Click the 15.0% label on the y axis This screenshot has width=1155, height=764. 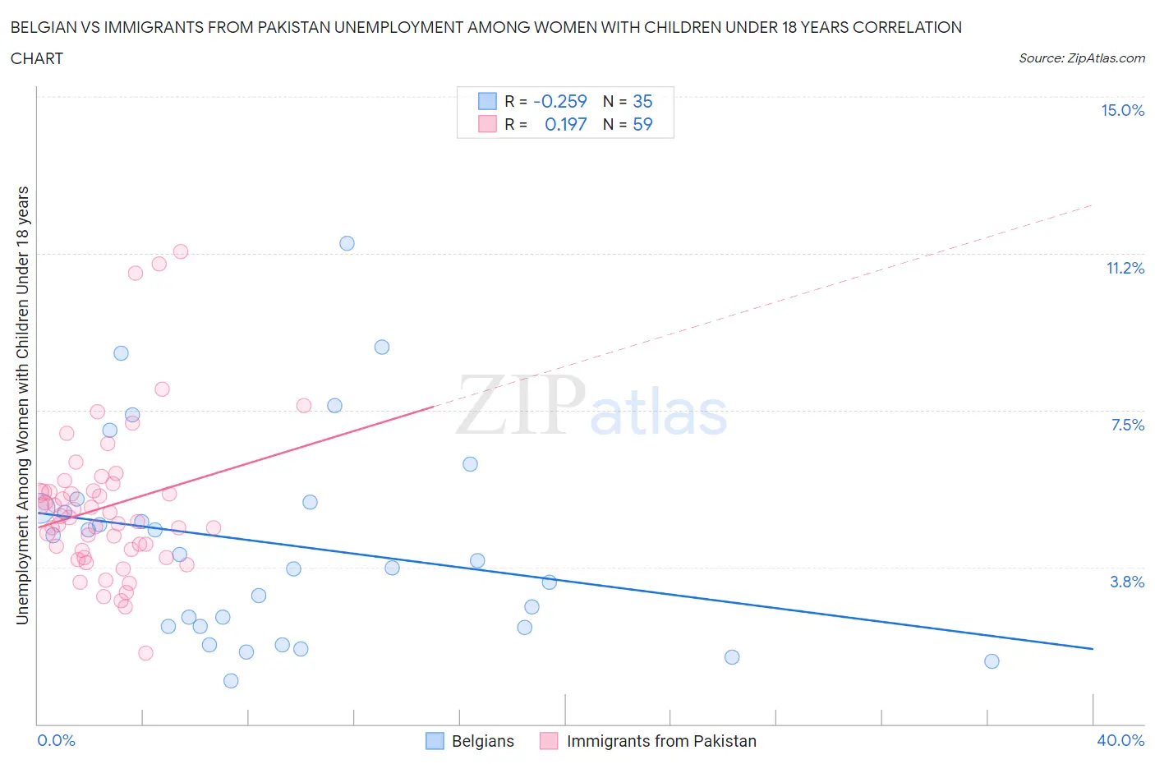coord(1122,111)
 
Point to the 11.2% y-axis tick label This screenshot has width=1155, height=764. coord(1125,268)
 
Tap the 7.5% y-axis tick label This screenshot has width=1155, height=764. coord(1127,425)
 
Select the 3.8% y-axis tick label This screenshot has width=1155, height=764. coord(1127,582)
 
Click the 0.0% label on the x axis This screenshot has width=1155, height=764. coord(56,740)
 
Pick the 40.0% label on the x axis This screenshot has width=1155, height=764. coord(1120,740)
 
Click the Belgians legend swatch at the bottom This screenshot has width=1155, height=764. coord(435,741)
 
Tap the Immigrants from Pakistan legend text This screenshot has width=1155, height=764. coord(661,741)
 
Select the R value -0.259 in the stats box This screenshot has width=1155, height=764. coord(559,101)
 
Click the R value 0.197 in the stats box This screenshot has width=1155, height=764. coord(565,124)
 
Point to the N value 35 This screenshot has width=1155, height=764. coord(642,101)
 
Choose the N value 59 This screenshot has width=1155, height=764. coord(642,124)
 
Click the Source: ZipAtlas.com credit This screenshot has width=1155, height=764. coord(1081,58)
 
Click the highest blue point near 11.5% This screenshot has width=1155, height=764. coord(347,243)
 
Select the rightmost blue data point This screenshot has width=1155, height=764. coord(992,661)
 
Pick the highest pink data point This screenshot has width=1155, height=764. coord(181,251)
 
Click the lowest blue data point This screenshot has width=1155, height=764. coord(231,681)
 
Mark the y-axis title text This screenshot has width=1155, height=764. coord(23,405)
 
